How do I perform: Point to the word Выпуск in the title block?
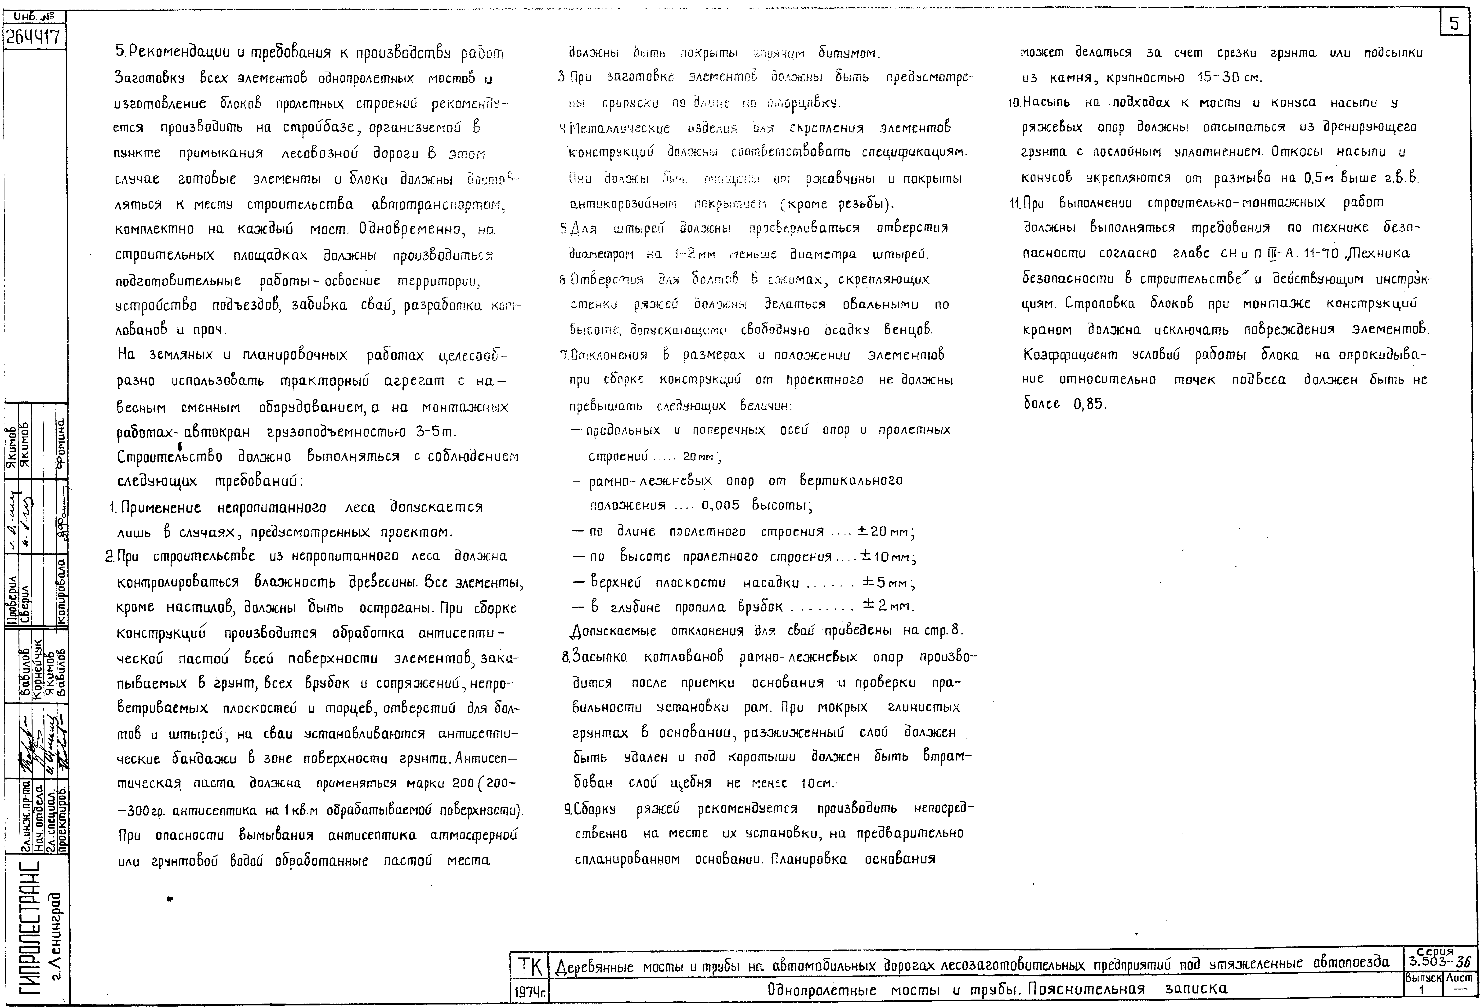(1423, 977)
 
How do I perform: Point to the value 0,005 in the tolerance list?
(720, 505)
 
